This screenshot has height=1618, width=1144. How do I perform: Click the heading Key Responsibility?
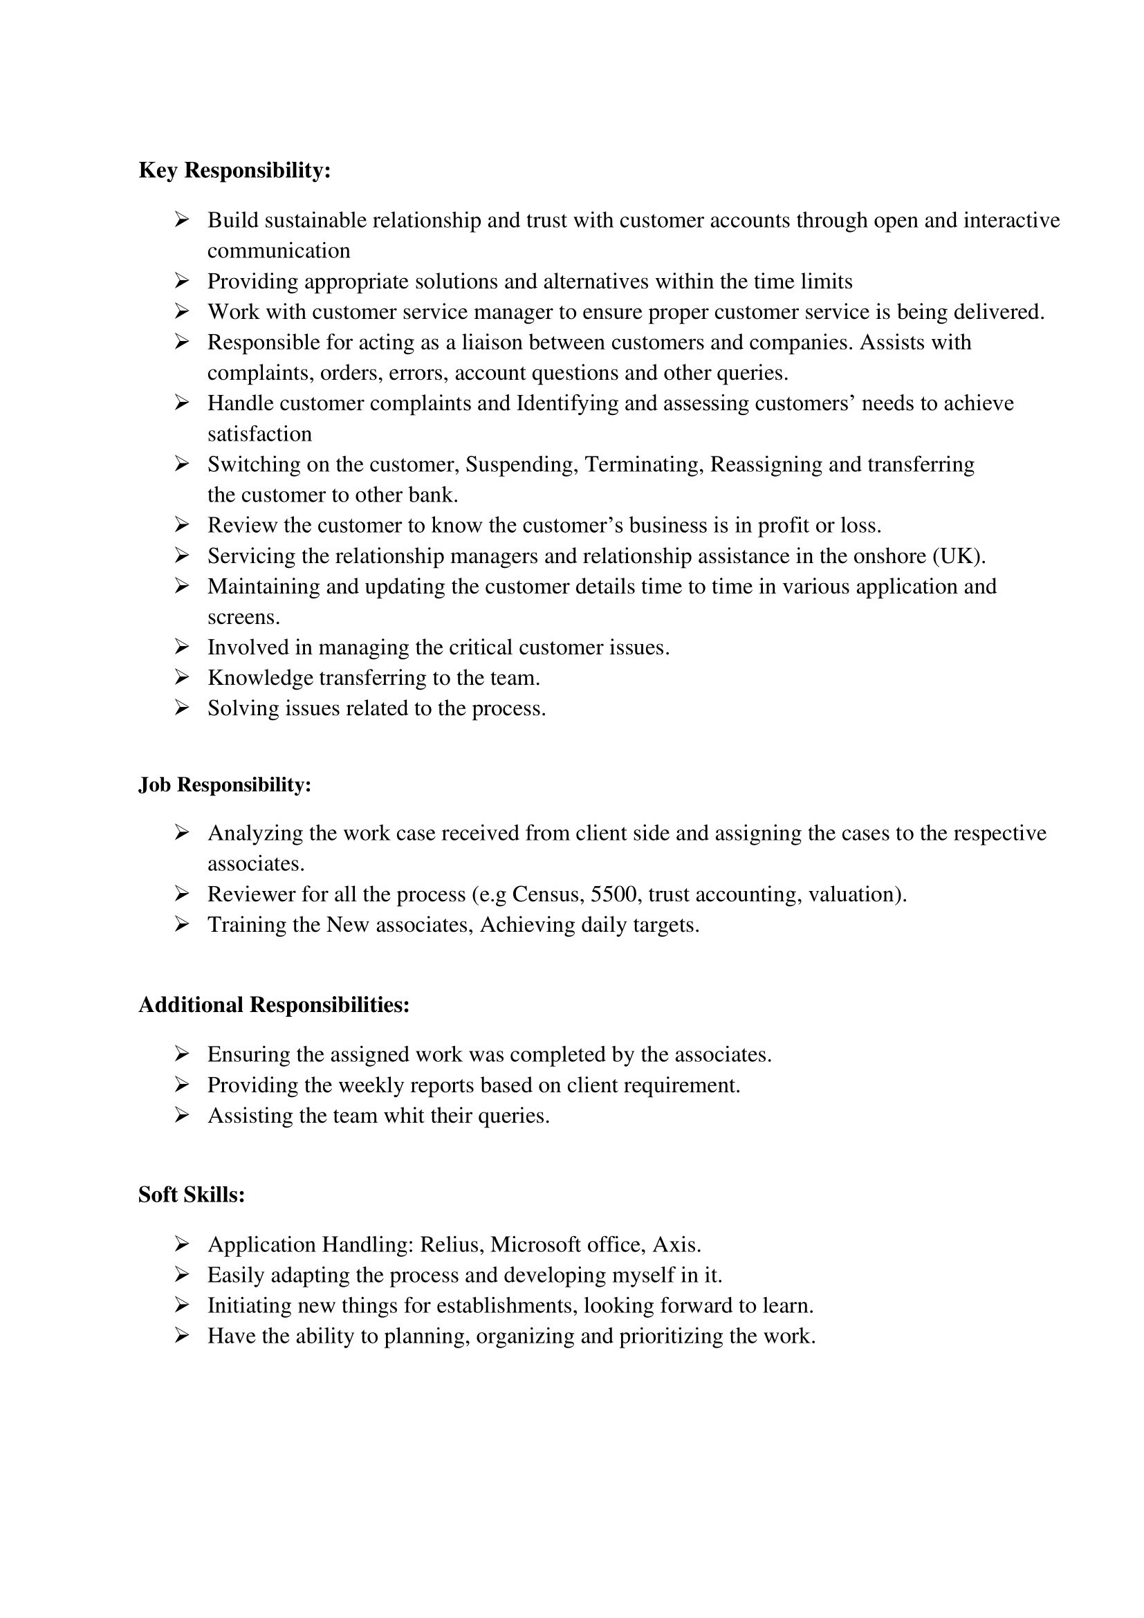click(234, 171)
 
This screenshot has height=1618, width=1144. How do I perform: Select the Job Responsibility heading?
click(225, 785)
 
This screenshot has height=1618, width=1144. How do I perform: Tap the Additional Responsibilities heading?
click(274, 1005)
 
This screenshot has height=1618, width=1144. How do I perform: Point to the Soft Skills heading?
click(192, 1195)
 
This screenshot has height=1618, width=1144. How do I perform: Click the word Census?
click(547, 894)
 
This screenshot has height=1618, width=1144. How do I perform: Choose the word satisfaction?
click(259, 434)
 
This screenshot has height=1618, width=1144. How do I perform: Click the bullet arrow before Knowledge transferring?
click(182, 678)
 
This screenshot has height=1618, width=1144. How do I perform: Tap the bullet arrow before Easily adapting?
click(182, 1276)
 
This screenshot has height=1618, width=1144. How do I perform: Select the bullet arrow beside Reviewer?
click(182, 894)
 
